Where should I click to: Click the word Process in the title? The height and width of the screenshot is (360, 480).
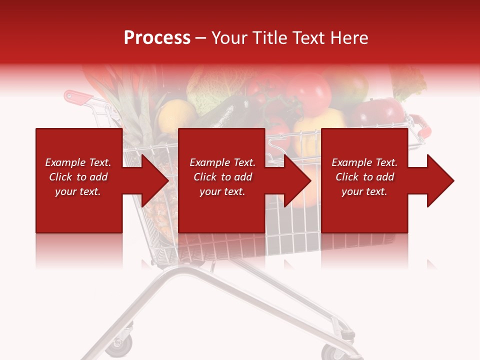click(x=157, y=38)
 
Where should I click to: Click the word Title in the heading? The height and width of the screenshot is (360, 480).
click(x=270, y=38)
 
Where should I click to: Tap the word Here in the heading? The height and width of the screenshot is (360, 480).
click(x=348, y=38)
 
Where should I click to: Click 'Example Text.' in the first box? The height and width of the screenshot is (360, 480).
click(x=78, y=162)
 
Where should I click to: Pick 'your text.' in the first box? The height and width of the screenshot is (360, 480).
click(x=78, y=191)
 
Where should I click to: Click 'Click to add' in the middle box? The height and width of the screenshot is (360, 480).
click(x=222, y=177)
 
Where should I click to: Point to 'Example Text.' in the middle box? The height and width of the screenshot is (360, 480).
click(x=222, y=162)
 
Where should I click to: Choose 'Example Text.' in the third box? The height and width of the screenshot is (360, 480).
click(x=364, y=162)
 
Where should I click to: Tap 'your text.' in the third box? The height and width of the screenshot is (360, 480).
click(x=364, y=191)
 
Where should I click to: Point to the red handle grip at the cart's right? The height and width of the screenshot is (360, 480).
click(x=422, y=128)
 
